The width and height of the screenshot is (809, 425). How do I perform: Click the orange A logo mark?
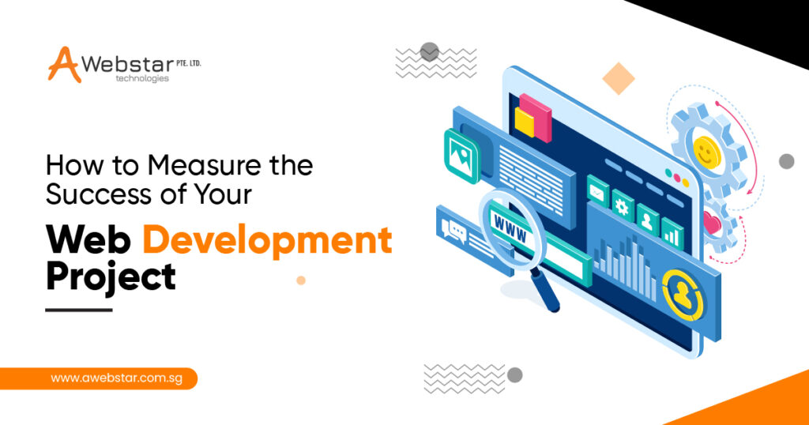coord(64,64)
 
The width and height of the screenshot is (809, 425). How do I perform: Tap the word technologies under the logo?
coord(142,79)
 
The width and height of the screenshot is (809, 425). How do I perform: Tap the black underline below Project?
coord(79,310)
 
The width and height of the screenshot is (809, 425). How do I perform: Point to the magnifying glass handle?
coord(546,294)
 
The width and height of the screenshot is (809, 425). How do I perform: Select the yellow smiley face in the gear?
coord(703,149)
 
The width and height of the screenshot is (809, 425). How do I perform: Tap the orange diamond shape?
coord(619,78)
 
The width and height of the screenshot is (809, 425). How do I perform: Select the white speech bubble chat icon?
coord(455,229)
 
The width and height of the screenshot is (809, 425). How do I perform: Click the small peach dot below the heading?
coord(300,280)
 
